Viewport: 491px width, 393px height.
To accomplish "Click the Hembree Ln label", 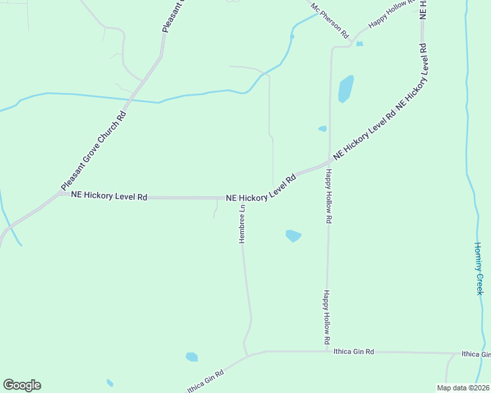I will [242, 224].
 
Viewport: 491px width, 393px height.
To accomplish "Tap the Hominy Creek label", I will [479, 269].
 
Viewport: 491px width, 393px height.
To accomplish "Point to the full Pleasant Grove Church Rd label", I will [93, 150].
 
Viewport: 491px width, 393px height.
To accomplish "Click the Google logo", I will [22, 385].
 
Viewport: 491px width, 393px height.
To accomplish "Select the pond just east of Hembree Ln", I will [293, 235].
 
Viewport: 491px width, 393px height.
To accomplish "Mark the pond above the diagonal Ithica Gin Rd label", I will [192, 357].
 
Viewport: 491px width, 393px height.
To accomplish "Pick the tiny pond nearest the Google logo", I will [110, 383].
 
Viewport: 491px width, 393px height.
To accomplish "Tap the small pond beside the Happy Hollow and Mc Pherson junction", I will [359, 44].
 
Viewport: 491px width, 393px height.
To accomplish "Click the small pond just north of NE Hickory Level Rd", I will [322, 129].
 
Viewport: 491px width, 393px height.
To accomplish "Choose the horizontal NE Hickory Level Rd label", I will [110, 196].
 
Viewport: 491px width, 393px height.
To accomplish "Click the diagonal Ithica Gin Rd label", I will [205, 380].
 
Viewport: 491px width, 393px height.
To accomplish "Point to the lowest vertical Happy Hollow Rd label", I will [326, 318].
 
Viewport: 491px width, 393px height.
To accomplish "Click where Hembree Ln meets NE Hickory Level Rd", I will [242, 198].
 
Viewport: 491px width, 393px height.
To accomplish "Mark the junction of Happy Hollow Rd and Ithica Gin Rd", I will [327, 351].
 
